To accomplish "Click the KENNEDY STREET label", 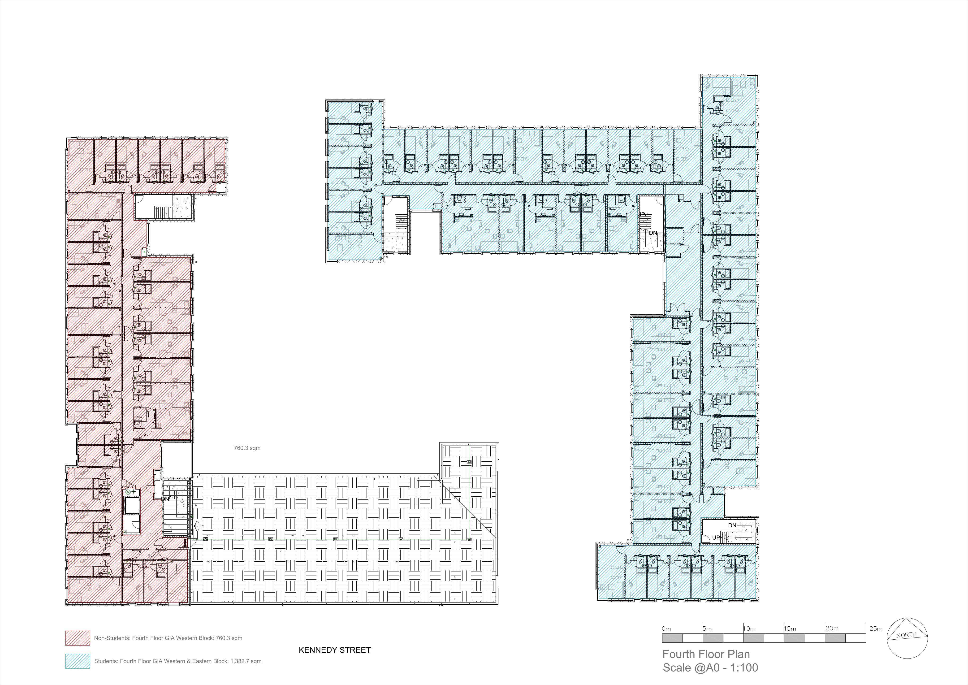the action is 335,650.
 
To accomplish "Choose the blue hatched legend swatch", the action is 78,661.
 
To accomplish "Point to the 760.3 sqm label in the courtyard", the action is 247,448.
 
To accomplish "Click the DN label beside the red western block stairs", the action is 166,499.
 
